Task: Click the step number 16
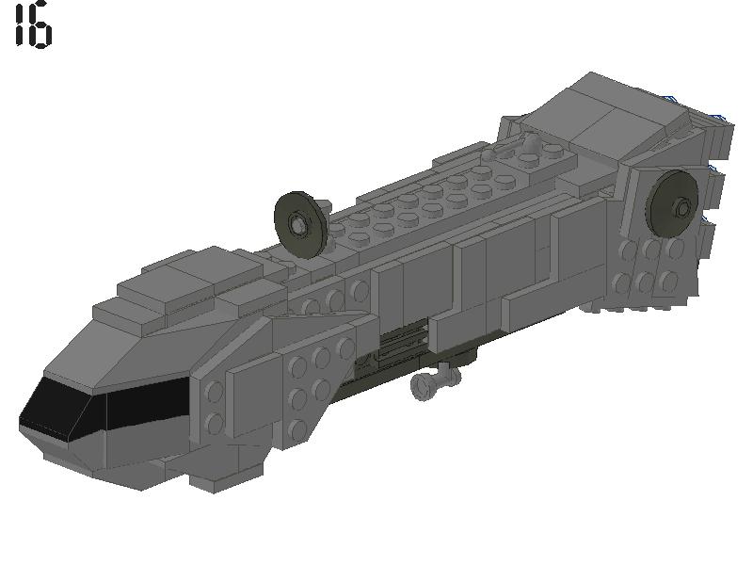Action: click(x=33, y=25)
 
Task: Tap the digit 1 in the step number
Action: click(x=21, y=25)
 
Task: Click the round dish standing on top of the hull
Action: click(x=300, y=222)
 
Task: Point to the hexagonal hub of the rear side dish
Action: click(x=682, y=205)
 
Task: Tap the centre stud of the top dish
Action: click(x=298, y=223)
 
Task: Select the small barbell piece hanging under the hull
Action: click(x=434, y=382)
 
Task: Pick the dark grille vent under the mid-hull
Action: click(x=400, y=344)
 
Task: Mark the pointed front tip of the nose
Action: click(x=24, y=419)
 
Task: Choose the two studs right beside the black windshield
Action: click(x=213, y=407)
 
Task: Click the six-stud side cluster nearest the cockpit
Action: click(x=311, y=381)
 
